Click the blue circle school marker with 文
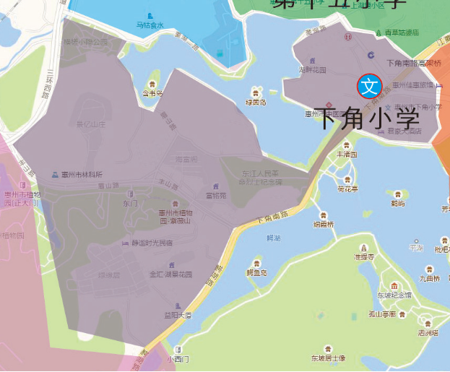point(369,86)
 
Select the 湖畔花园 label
point(312,70)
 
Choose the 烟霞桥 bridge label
point(324,224)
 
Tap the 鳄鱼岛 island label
point(256,272)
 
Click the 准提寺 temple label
point(364,256)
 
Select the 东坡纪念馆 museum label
point(394,295)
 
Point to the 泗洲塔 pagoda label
point(428,333)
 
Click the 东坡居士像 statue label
point(328,358)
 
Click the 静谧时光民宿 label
point(152,243)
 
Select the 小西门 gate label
point(177,358)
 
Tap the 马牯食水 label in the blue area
point(150,26)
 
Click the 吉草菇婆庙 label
point(401,33)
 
